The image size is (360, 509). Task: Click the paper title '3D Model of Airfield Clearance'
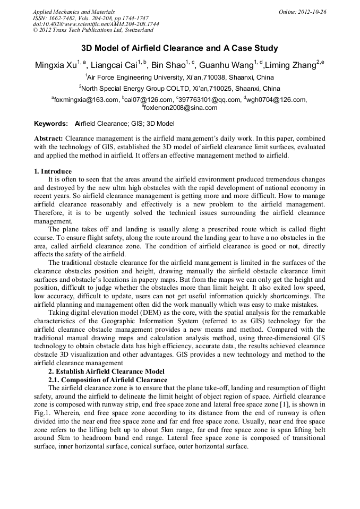click(179, 48)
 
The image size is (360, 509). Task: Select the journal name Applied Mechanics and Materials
click(74, 12)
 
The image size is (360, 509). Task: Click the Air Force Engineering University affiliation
click(179, 77)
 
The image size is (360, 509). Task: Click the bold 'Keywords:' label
click(51, 123)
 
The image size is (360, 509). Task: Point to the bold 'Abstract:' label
click(48, 138)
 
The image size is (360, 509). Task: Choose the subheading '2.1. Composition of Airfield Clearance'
click(108, 379)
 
